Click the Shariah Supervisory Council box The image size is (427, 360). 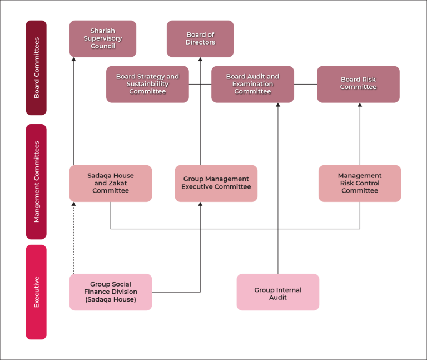pos(103,39)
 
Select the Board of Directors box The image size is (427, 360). pos(200,39)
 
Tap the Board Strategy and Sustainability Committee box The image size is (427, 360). pos(147,85)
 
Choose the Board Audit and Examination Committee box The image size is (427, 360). pos(252,85)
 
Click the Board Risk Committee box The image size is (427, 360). pos(358,85)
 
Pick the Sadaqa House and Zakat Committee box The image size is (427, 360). pos(111,183)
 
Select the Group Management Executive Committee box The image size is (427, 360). pos(216,183)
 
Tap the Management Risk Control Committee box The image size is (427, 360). pos(360,183)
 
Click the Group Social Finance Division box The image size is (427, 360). pos(111,292)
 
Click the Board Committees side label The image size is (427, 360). pos(36,68)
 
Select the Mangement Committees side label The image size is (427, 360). pos(36,181)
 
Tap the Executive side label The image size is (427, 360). pos(36,292)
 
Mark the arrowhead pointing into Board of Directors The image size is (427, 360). pos(200,61)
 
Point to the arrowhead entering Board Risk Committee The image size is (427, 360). pos(360,106)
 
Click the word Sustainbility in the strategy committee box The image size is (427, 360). pos(147,85)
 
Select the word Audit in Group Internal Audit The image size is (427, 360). pos(278,298)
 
